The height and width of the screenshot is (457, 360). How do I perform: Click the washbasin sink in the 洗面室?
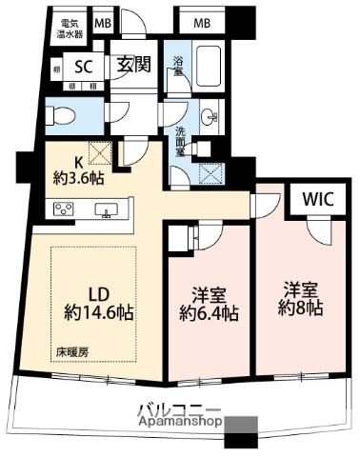click(x=209, y=119)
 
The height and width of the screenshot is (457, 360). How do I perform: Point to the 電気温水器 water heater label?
click(x=70, y=27)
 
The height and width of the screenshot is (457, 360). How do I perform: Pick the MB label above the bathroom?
click(x=203, y=23)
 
